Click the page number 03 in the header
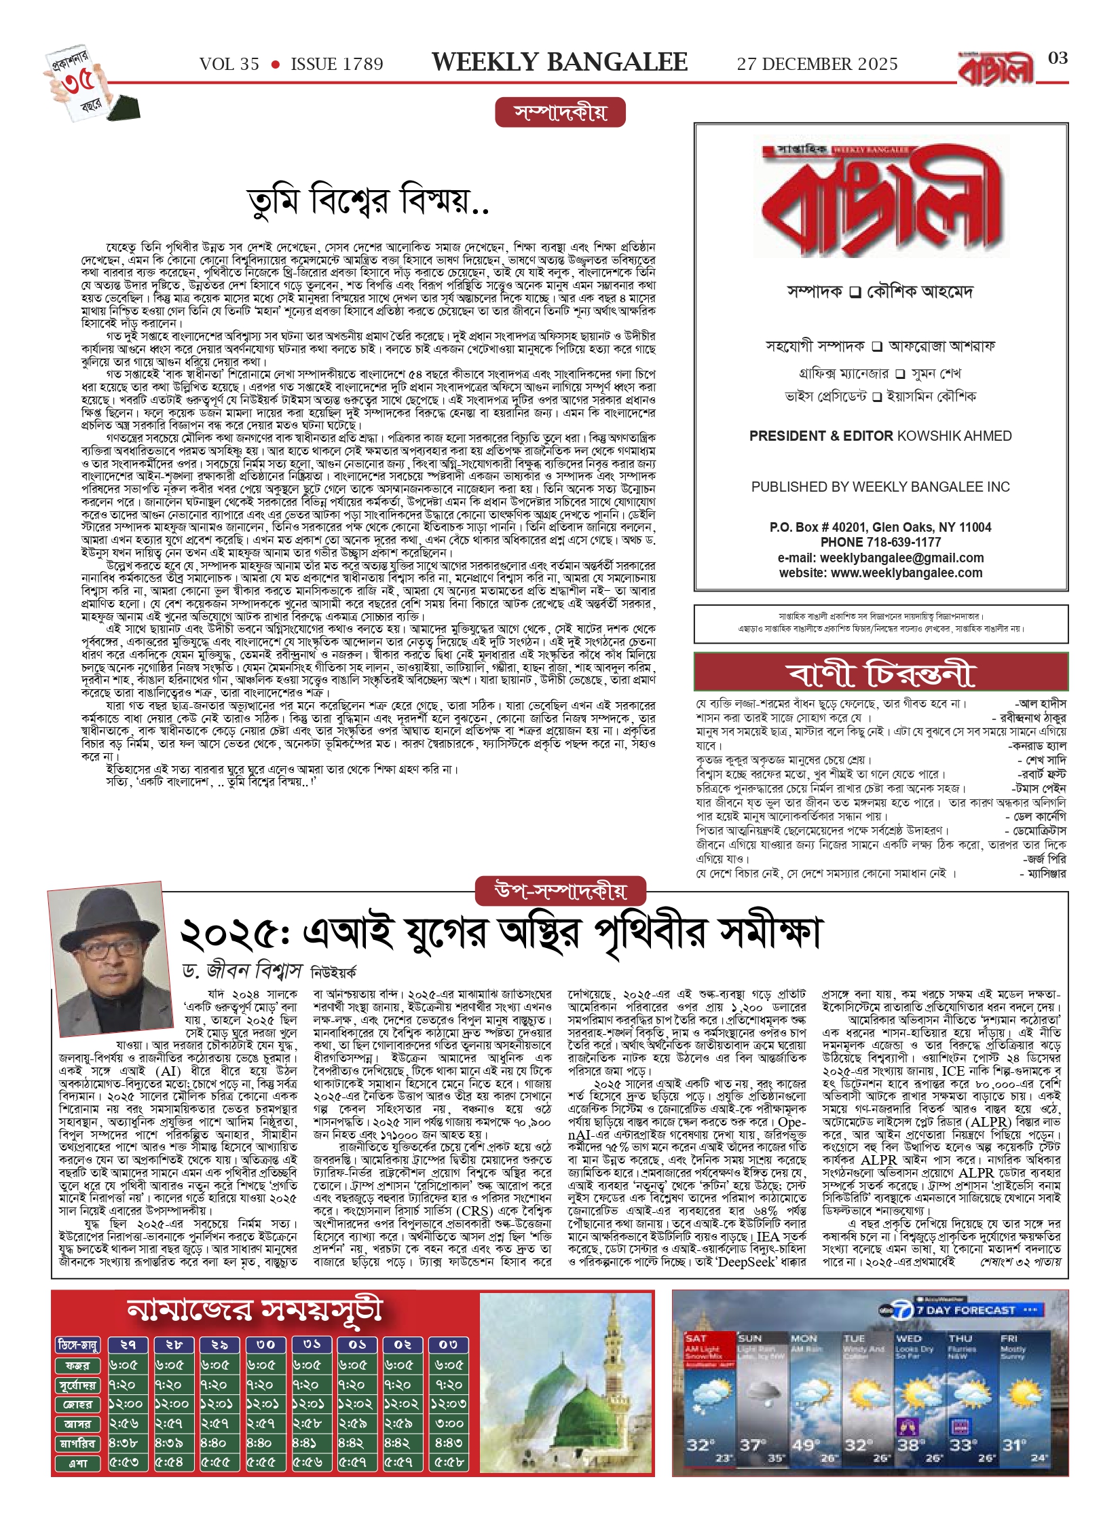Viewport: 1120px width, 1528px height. [1058, 58]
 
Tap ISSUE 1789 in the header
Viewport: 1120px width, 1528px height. [337, 65]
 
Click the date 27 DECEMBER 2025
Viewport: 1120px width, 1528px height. [817, 65]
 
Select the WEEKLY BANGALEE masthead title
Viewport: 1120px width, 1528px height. [559, 62]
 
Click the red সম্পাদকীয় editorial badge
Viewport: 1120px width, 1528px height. [560, 113]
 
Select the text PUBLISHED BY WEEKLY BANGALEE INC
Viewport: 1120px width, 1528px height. [880, 487]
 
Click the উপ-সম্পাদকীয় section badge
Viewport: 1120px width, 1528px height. [560, 891]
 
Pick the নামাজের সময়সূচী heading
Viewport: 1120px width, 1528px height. [255, 1309]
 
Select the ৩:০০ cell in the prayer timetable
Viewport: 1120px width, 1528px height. [449, 1423]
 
